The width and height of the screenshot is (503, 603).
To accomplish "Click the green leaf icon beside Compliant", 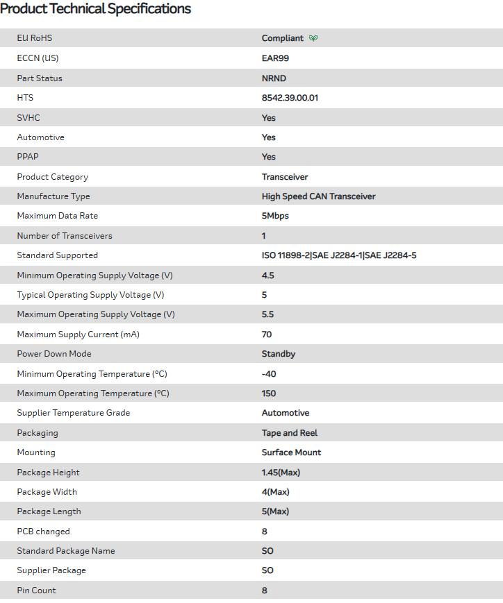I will (x=313, y=38).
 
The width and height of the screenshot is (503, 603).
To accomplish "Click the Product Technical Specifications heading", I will (x=96, y=9).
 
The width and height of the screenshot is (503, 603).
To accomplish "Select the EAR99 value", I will (x=275, y=58).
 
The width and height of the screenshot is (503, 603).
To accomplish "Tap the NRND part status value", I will (x=274, y=78).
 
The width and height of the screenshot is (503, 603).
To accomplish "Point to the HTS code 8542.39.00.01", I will (x=290, y=98).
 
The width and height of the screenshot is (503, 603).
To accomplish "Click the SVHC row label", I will (x=28, y=118).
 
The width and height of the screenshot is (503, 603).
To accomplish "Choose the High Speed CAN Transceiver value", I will (x=318, y=196).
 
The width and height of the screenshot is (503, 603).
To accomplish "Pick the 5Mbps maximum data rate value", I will (x=275, y=216).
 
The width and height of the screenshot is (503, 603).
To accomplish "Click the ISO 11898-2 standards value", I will (x=339, y=255).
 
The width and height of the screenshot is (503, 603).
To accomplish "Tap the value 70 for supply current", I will (x=267, y=334).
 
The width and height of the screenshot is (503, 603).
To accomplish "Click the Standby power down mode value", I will (x=279, y=354).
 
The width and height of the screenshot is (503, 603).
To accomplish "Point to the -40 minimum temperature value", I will (x=268, y=374).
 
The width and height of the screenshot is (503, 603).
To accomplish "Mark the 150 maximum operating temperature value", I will (x=269, y=393).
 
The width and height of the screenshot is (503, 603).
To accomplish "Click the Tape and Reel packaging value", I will (x=290, y=433).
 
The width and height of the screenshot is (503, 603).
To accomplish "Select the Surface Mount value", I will (x=291, y=452).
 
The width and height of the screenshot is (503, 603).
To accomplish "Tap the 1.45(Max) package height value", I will (x=281, y=473).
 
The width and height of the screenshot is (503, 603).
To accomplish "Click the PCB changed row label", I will (x=43, y=532).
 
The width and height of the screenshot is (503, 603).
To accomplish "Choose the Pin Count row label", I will (x=37, y=591).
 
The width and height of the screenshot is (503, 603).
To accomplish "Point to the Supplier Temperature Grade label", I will (x=74, y=413).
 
